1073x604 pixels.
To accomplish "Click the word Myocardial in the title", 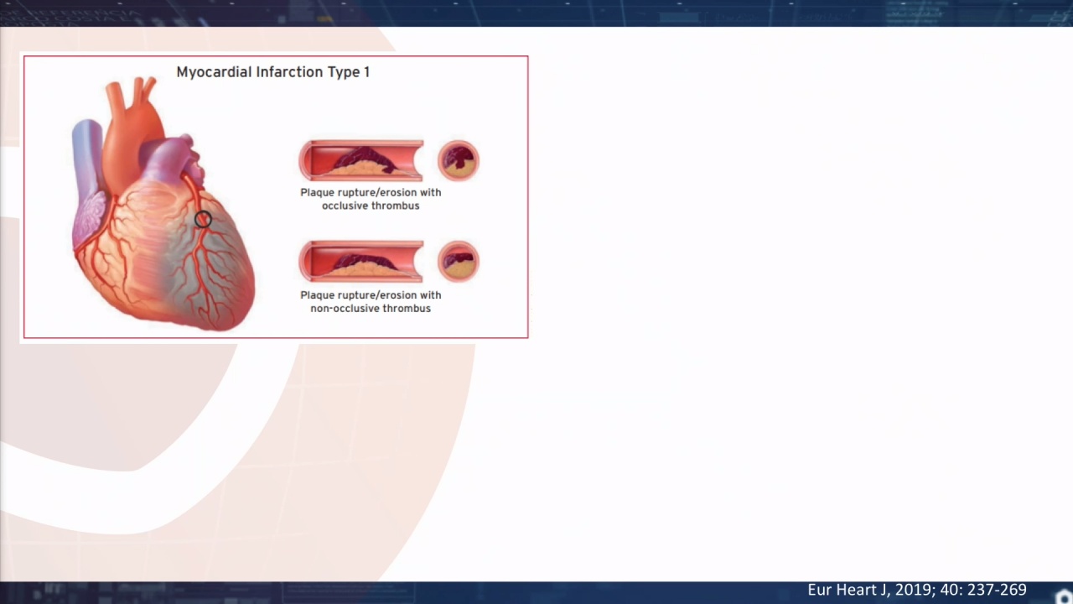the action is click(214, 72).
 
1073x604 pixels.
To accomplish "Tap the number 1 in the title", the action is click(366, 72).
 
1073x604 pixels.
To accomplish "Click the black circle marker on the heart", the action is click(203, 219).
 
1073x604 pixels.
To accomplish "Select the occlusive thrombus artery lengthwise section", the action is click(361, 160).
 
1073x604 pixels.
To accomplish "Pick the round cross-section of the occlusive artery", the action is click(459, 160).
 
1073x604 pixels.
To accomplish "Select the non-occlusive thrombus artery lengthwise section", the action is click(361, 261).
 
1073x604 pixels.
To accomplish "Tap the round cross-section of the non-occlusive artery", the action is click(459, 261).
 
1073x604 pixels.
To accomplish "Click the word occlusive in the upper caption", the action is click(345, 206).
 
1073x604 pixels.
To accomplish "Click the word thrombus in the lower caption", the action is click(409, 308).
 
